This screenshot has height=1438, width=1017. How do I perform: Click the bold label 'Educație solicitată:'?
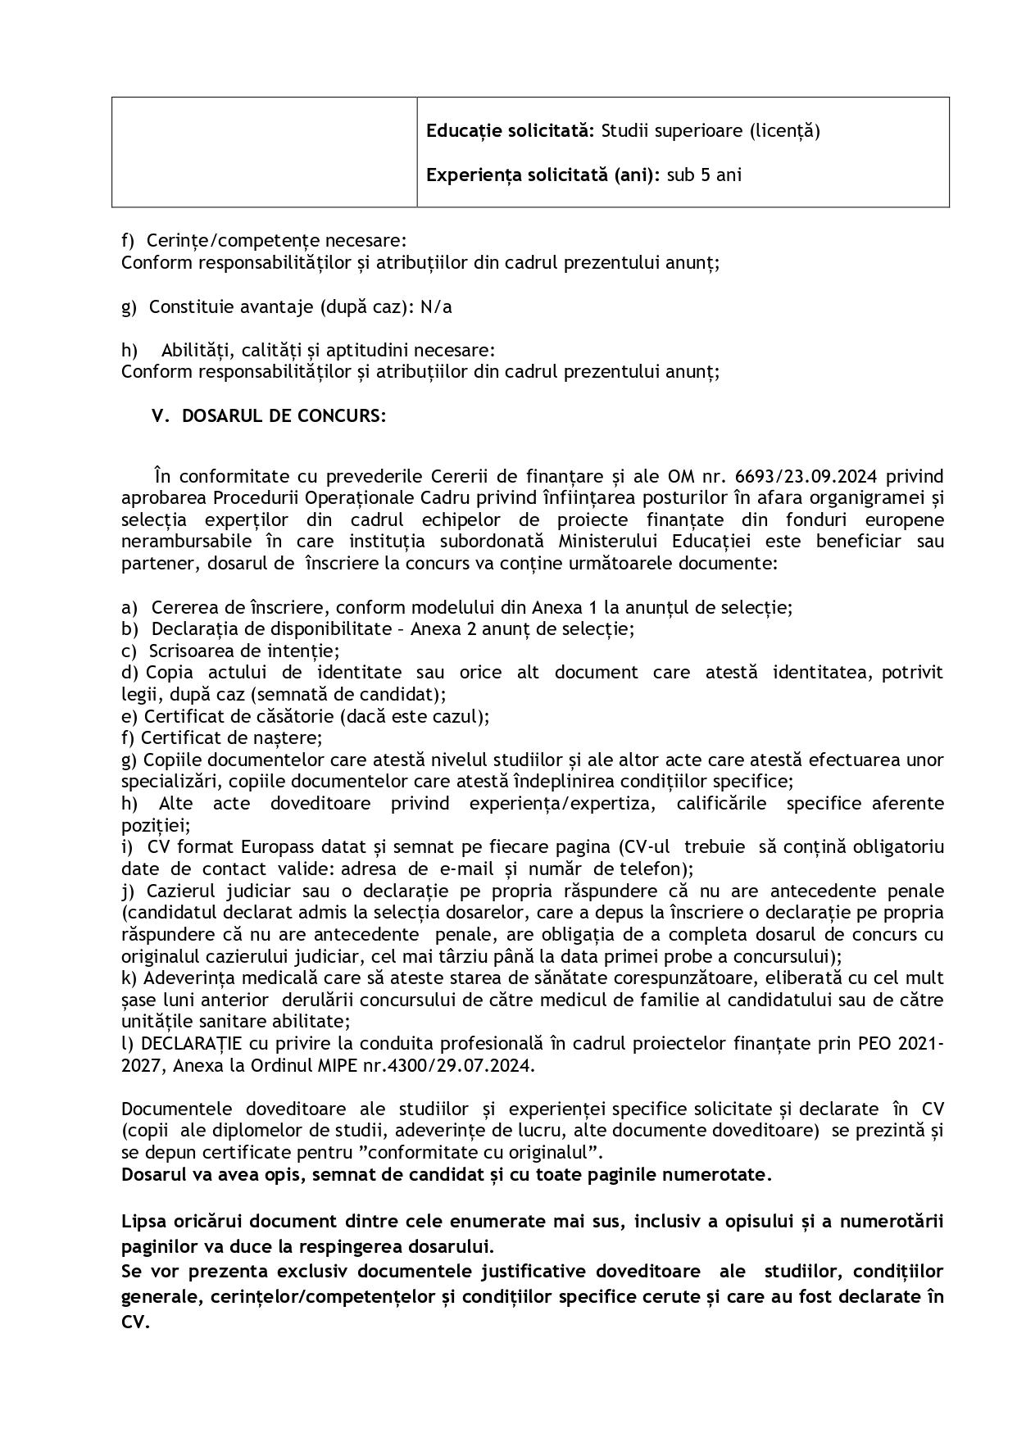(x=511, y=131)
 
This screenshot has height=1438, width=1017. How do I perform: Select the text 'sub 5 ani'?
(x=704, y=175)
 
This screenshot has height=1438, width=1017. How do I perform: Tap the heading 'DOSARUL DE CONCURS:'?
(x=284, y=416)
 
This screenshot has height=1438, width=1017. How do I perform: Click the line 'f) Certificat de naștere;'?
(x=222, y=738)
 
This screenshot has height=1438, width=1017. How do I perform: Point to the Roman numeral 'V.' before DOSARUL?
(x=161, y=416)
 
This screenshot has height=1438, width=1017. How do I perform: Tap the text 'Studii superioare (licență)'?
(x=711, y=131)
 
